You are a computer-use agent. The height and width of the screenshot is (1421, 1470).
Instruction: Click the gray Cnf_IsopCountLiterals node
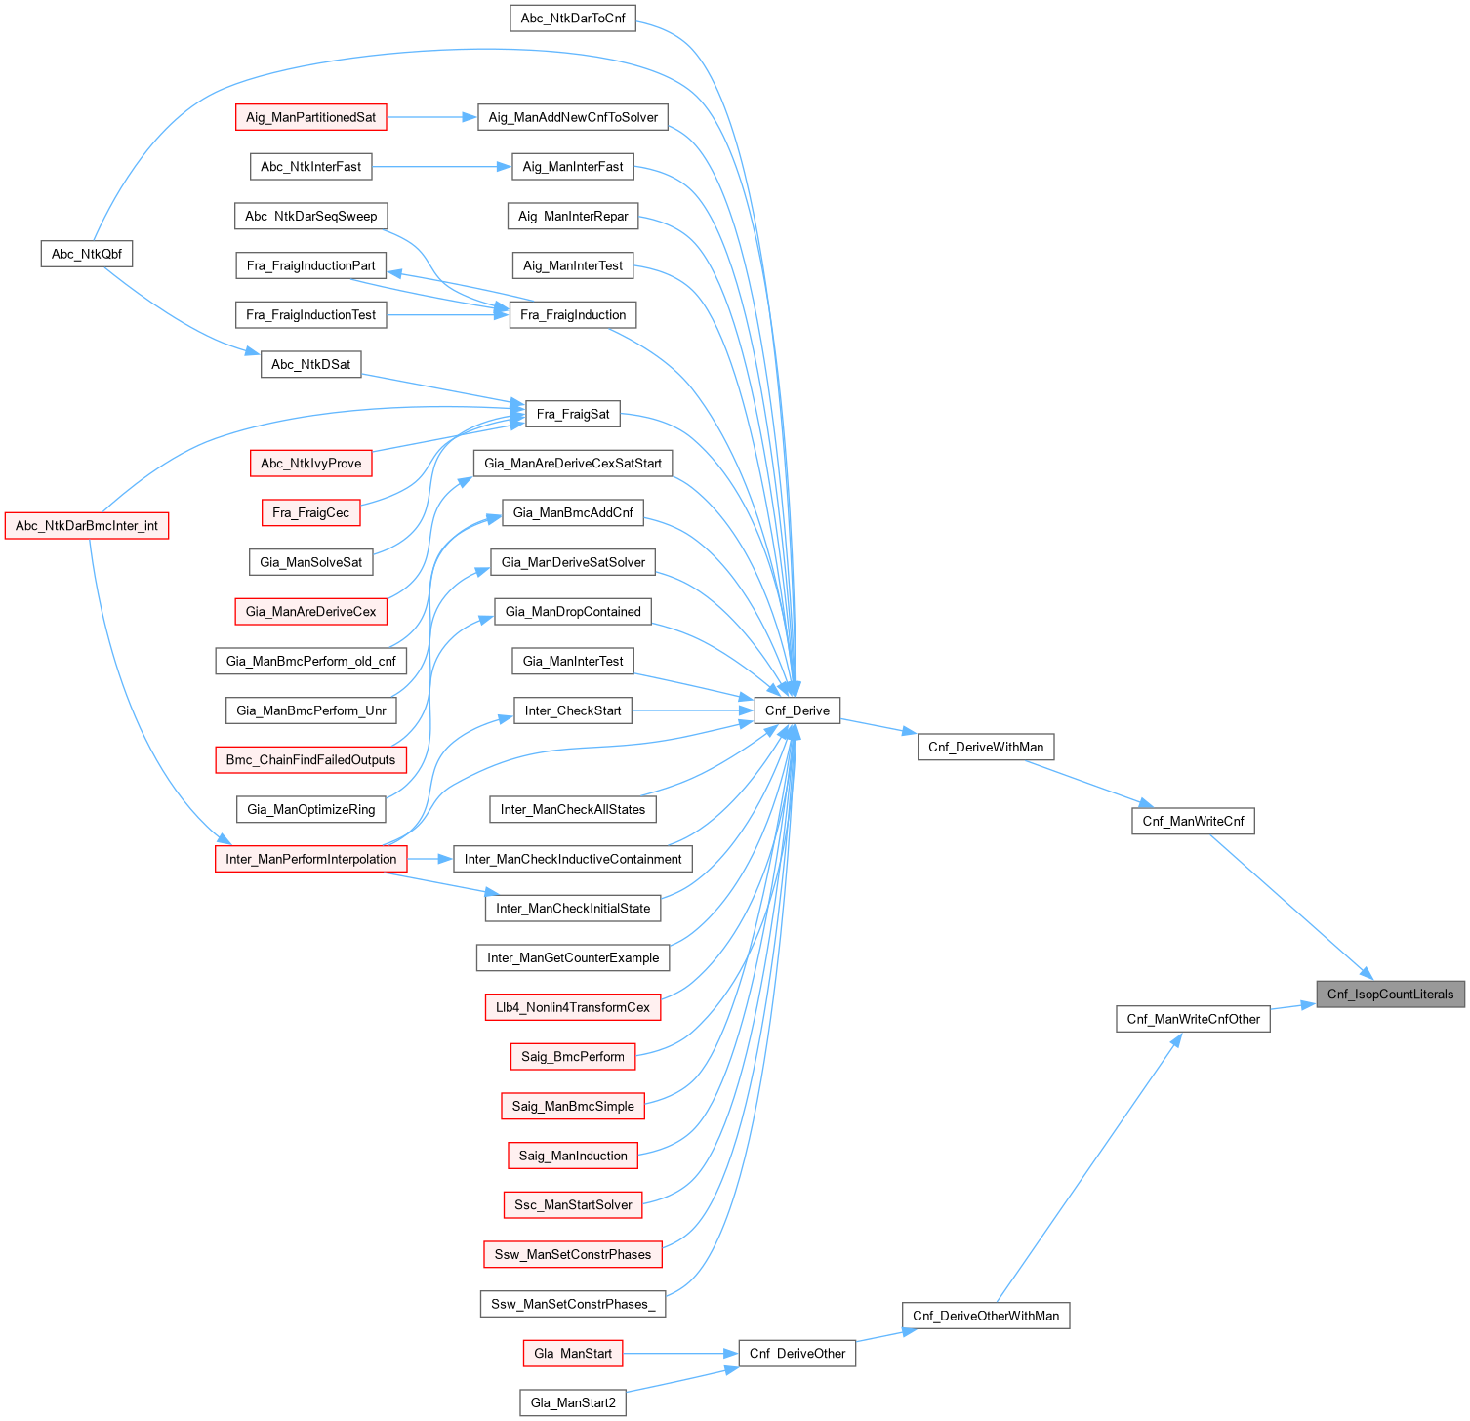pyautogui.click(x=1390, y=994)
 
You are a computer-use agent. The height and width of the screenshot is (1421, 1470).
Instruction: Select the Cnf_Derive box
pyautogui.click(x=796, y=710)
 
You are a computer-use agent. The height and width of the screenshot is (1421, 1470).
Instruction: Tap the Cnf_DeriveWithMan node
pyautogui.click(x=985, y=747)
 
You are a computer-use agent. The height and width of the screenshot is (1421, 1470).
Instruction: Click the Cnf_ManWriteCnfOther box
pyautogui.click(x=1193, y=1019)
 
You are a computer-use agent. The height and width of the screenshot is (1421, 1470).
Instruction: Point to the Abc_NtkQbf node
pyautogui.click(x=87, y=254)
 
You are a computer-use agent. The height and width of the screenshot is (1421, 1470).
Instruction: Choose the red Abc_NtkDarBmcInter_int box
pyautogui.click(x=87, y=525)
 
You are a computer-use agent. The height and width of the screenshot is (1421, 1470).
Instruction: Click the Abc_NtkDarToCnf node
pyautogui.click(x=573, y=18)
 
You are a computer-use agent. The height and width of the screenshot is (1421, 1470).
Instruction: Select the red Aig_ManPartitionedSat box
pyautogui.click(x=310, y=117)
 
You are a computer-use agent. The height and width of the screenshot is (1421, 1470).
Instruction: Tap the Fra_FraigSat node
pyautogui.click(x=573, y=414)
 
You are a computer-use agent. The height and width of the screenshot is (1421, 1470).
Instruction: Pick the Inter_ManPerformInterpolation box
pyautogui.click(x=310, y=859)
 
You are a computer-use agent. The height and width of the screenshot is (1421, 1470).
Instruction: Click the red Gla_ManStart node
pyautogui.click(x=573, y=1353)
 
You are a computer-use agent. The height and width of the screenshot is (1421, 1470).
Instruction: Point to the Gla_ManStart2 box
pyautogui.click(x=573, y=1402)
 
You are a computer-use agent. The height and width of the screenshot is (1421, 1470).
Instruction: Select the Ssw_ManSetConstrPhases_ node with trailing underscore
pyautogui.click(x=573, y=1304)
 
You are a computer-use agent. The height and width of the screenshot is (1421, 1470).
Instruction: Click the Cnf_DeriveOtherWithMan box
pyautogui.click(x=985, y=1316)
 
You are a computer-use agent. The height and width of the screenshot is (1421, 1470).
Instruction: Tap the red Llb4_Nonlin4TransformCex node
pyautogui.click(x=573, y=1007)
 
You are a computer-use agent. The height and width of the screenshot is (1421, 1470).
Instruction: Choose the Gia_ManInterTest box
pyautogui.click(x=573, y=661)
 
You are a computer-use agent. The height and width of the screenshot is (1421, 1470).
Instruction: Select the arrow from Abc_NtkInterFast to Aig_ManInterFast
pyautogui.click(x=441, y=167)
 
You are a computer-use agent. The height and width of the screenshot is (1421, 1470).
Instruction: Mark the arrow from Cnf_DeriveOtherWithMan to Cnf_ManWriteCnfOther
pyautogui.click(x=1088, y=1167)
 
